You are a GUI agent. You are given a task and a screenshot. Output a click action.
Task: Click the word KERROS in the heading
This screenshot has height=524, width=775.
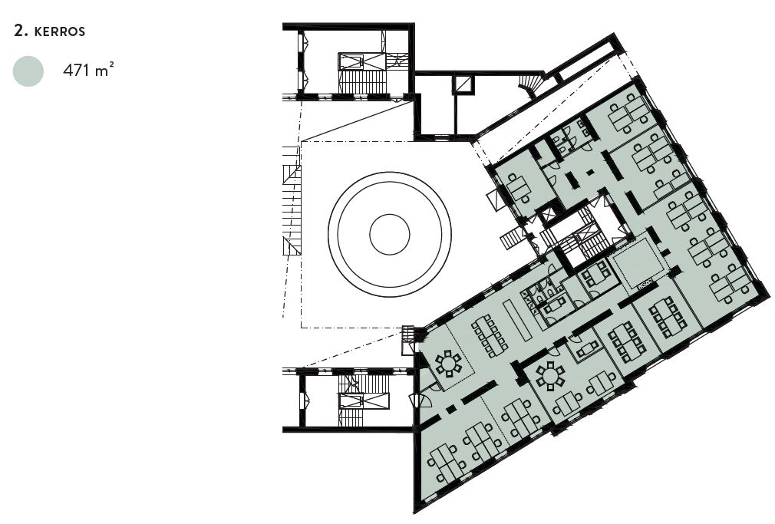coord(60,31)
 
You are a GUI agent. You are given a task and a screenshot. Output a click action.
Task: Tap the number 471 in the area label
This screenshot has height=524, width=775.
coord(77,70)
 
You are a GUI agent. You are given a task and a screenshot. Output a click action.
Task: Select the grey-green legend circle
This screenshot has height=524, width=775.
coord(28,71)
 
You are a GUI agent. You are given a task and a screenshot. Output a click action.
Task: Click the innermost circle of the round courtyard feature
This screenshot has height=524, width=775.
coord(390,234)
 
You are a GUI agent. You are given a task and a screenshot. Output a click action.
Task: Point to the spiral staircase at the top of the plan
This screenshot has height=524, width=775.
coord(531,84)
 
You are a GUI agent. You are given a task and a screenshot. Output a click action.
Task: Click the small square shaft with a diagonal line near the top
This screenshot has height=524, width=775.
coord(464,84)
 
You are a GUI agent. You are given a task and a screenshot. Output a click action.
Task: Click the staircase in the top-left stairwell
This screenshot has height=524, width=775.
coord(361,81)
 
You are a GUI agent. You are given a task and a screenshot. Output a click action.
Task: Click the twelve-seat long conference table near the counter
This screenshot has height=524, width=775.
coord(490,336)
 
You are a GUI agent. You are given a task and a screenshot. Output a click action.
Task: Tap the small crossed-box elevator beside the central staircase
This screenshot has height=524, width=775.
coord(548,216)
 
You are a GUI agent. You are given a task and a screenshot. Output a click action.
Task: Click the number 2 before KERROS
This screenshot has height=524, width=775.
coord(20,31)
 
